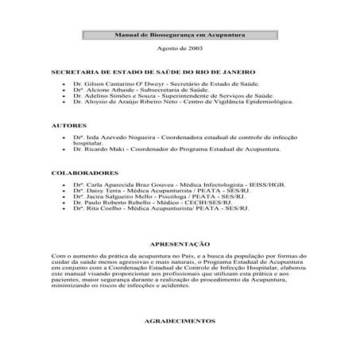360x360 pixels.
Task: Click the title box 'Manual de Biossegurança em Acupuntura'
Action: coord(180,37)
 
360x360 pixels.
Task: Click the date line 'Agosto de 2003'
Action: coord(180,49)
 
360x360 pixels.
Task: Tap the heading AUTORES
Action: coord(69,126)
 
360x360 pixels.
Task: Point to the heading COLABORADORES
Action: coord(84,172)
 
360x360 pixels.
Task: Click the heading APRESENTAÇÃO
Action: coord(180,243)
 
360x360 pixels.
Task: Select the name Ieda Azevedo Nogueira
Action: coord(114,137)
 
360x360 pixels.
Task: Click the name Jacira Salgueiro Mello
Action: coord(112,196)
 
